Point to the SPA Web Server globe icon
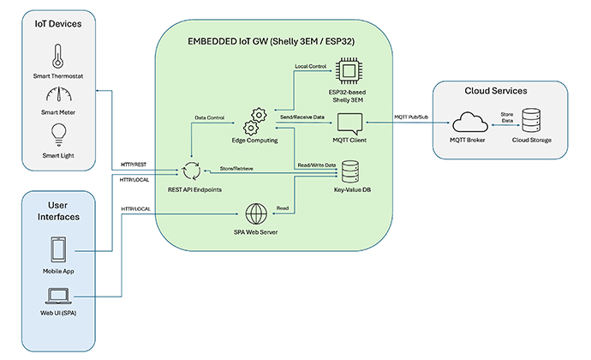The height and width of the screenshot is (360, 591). click(254, 212)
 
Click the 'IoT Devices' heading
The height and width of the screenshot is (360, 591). click(58, 24)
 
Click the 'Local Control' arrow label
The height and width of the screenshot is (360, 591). click(312, 67)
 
